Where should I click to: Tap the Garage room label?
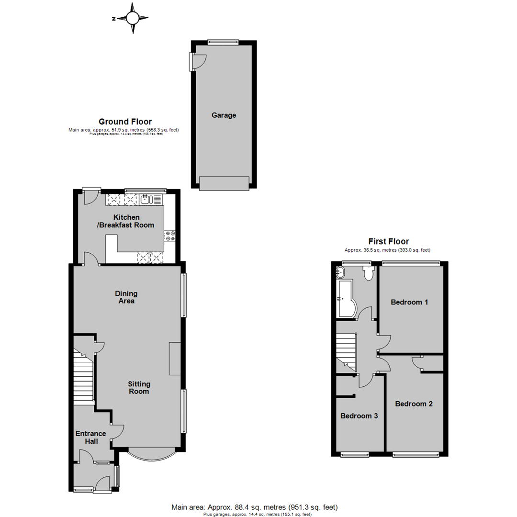(224, 115)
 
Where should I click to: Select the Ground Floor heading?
(125, 122)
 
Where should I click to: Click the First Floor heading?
(388, 242)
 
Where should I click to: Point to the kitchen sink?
(146, 199)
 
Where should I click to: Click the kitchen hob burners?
(170, 236)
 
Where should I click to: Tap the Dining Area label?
(126, 297)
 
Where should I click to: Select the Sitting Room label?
(139, 388)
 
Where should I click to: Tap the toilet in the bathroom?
(368, 273)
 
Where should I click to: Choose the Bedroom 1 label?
(409, 302)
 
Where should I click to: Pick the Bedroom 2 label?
(414, 404)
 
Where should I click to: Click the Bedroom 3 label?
(359, 416)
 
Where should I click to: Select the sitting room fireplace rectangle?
(174, 359)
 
